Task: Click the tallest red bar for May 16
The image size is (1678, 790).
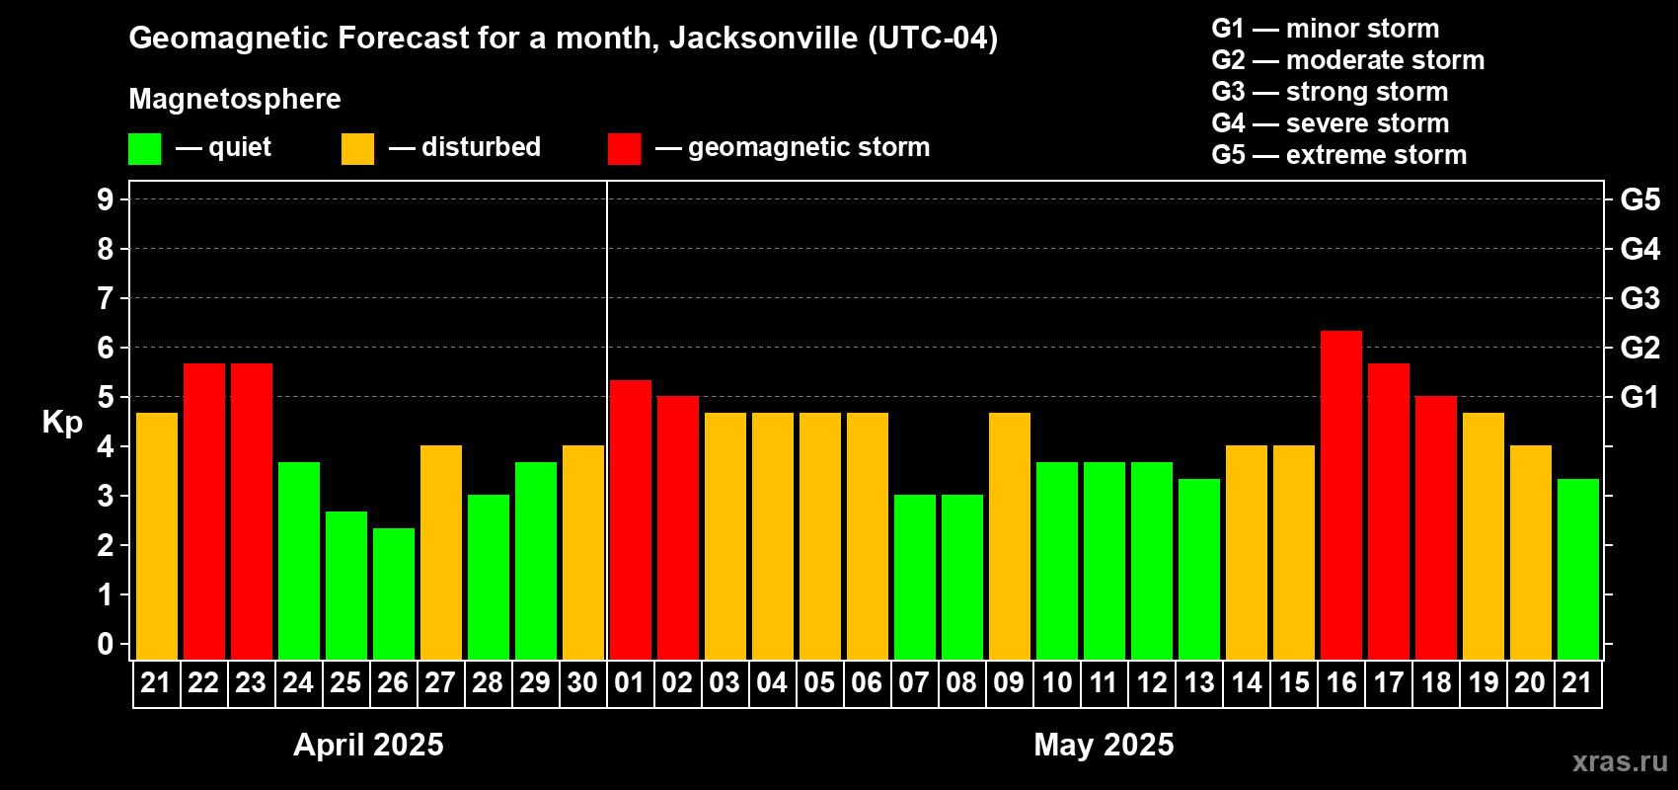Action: coord(1341,495)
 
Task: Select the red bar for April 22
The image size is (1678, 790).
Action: coord(204,512)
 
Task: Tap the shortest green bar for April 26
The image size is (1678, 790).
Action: coord(394,593)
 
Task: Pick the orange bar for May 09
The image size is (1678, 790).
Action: coord(1010,536)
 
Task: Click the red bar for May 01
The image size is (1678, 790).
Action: coord(631,519)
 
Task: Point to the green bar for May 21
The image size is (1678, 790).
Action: coord(1578,569)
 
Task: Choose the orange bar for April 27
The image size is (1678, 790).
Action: coord(441,552)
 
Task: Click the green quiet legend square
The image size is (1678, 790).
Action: coord(145,149)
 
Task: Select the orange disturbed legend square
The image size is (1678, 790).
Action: coord(357,149)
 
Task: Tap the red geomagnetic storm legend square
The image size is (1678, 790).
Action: coord(624,149)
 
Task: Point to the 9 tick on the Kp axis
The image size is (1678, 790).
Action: coord(106,199)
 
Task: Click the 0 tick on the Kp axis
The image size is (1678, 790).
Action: coord(106,644)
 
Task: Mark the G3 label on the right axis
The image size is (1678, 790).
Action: coord(1640,298)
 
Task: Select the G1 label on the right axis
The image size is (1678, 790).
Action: coord(1640,397)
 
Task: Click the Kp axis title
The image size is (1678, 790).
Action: coord(62,422)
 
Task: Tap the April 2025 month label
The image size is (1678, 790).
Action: coord(368,745)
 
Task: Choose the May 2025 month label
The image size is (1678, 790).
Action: coord(1104,745)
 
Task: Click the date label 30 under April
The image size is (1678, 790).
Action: coord(582,682)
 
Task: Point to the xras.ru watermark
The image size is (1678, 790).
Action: coord(1619,761)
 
